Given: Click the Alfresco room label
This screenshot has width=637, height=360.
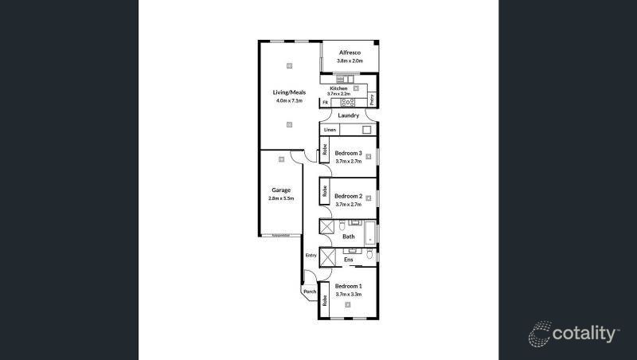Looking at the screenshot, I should (x=350, y=53).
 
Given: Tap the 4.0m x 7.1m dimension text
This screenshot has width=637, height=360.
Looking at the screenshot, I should (x=289, y=101).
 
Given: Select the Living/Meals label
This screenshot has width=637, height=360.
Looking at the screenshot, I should (x=289, y=92).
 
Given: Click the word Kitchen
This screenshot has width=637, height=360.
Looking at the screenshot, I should (x=339, y=88).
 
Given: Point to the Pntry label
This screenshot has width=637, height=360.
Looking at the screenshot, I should (x=372, y=99).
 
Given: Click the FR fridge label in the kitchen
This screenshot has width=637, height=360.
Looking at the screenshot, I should (x=326, y=103).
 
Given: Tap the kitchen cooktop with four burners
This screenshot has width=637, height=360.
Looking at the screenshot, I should (x=346, y=102).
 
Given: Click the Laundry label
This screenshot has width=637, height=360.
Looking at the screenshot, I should (x=349, y=116).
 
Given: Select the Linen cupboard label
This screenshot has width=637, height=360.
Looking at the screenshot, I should (x=329, y=129).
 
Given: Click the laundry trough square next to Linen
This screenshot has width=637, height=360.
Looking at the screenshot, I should (x=367, y=129).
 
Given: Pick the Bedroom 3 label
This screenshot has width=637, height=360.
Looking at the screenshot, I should (x=348, y=153).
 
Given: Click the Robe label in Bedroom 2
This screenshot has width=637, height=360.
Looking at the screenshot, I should (x=325, y=191).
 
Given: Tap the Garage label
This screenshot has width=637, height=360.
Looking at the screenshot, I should (x=280, y=190).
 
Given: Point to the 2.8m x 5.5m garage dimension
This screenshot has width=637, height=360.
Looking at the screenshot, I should (x=280, y=198).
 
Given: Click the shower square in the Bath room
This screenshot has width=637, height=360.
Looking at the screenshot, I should (x=327, y=227).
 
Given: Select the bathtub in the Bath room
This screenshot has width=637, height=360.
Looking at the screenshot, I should (x=369, y=233).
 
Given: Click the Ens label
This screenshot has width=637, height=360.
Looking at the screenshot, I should (x=348, y=260).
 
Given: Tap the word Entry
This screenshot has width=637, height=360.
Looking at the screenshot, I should (x=311, y=256).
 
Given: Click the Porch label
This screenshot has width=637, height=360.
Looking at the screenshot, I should (x=310, y=292).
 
